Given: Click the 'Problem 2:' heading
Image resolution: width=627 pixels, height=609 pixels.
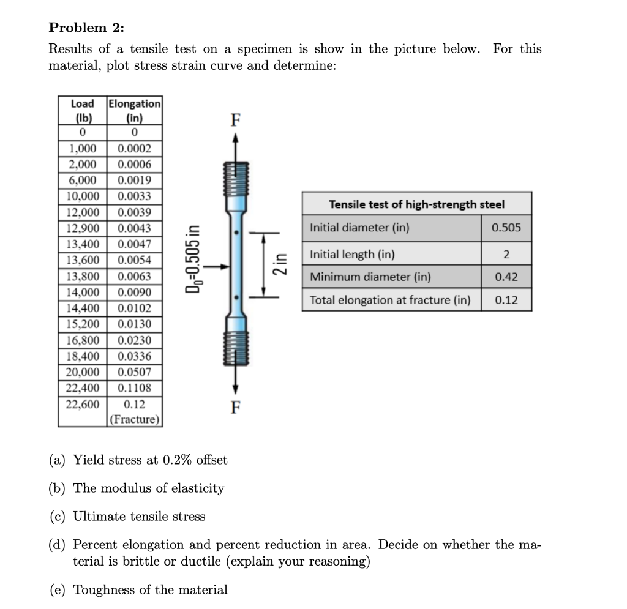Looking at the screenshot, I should [86, 28].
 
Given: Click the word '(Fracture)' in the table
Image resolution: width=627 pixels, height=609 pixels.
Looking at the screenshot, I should [135, 420].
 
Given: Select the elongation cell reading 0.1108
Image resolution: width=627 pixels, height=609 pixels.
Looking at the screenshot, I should [134, 388].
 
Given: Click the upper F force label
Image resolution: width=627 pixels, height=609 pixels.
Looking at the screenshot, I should [235, 121].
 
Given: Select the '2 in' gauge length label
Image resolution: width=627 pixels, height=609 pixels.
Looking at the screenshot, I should [280, 265].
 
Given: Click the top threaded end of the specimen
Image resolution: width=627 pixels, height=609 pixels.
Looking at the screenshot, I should [235, 177].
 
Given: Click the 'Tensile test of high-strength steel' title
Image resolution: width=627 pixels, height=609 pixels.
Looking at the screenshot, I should [416, 204].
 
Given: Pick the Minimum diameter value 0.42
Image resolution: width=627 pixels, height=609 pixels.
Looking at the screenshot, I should [506, 277].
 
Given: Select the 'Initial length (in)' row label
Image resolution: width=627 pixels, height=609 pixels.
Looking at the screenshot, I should [352, 254].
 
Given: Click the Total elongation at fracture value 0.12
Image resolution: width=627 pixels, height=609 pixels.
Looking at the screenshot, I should [506, 300].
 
